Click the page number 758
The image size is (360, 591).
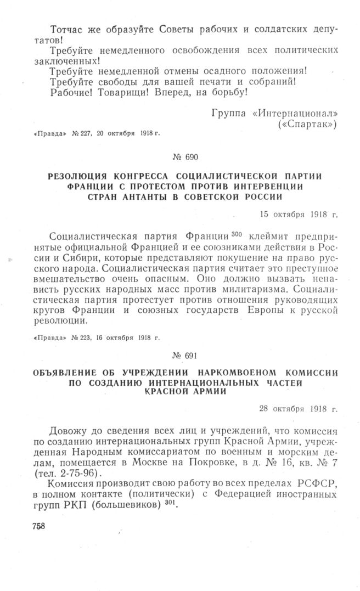tap(35, 525)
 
